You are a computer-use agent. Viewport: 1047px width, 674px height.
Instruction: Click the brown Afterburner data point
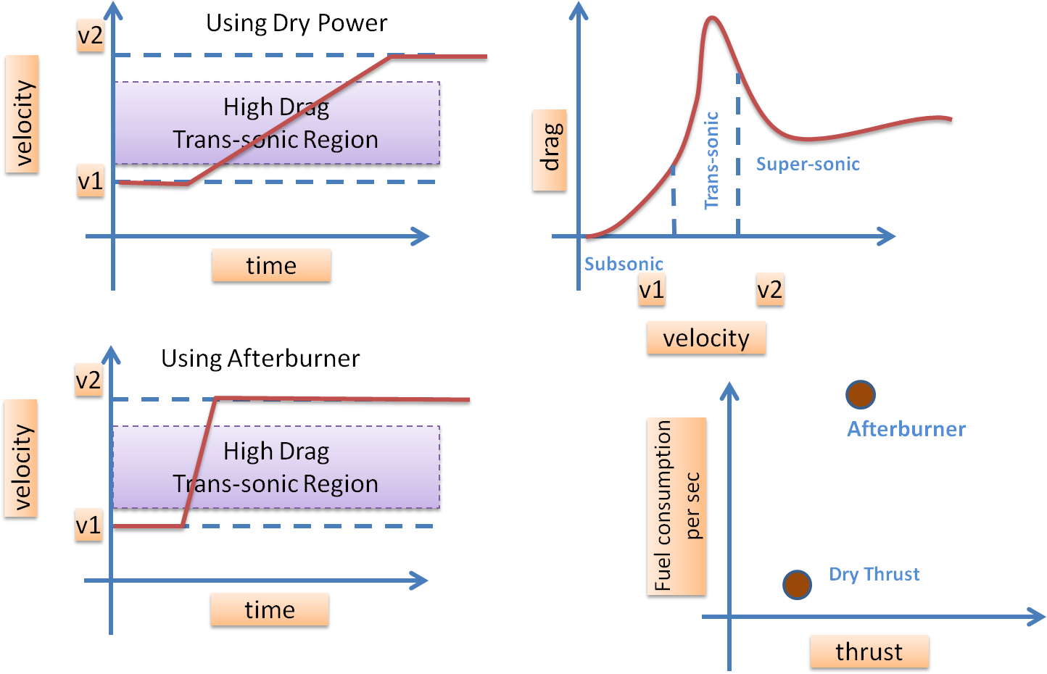click(x=861, y=394)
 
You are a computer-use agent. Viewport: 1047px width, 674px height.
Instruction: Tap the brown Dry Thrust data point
click(x=797, y=584)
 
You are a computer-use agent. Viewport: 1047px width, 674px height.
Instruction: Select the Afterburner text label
click(x=906, y=429)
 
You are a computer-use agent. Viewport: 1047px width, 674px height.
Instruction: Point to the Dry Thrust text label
click(x=874, y=575)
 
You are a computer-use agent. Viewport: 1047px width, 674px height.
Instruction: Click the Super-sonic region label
click(x=808, y=165)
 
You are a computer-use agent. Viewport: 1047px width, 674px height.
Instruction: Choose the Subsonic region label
click(x=624, y=264)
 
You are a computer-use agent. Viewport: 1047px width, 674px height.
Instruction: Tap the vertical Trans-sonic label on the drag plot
click(x=712, y=160)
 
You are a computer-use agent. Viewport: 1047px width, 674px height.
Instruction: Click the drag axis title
click(x=550, y=150)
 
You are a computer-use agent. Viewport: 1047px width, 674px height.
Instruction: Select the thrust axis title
click(x=869, y=652)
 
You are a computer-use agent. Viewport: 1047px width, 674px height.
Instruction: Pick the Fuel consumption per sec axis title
click(x=676, y=506)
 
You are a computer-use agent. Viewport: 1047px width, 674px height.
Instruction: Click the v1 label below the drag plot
click(x=651, y=291)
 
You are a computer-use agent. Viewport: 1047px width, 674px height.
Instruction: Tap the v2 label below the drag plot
click(x=769, y=291)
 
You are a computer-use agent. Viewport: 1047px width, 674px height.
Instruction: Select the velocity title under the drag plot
click(x=705, y=338)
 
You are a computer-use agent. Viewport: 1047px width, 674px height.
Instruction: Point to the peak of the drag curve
click(x=711, y=17)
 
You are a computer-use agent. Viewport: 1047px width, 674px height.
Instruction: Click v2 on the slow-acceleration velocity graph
click(x=91, y=36)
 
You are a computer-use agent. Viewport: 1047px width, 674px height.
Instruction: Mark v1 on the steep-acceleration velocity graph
click(x=88, y=525)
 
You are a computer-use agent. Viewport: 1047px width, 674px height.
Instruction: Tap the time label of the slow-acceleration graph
click(x=271, y=265)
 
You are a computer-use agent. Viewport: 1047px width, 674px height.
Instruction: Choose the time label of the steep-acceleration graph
click(x=270, y=609)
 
